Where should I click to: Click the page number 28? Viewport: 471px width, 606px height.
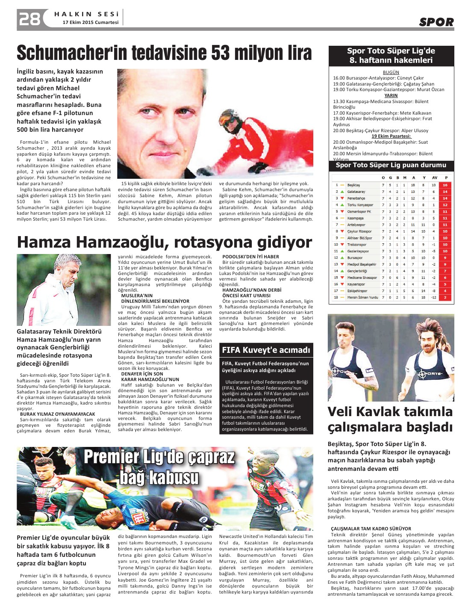(29, 19)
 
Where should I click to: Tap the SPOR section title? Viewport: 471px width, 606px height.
(436, 22)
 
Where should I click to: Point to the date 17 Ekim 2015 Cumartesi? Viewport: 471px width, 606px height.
(91, 22)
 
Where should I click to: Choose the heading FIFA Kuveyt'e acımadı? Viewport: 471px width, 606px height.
(266, 350)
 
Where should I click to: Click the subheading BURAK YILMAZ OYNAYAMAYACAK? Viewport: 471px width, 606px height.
(58, 414)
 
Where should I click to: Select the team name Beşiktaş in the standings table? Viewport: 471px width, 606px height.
(353, 185)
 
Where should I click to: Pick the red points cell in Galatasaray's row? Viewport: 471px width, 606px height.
(445, 192)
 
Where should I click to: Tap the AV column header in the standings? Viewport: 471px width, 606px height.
(434, 177)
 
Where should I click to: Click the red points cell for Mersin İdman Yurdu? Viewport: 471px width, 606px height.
(445, 297)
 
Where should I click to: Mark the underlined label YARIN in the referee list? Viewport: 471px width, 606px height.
(391, 95)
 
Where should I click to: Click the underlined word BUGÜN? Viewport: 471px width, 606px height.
(391, 72)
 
